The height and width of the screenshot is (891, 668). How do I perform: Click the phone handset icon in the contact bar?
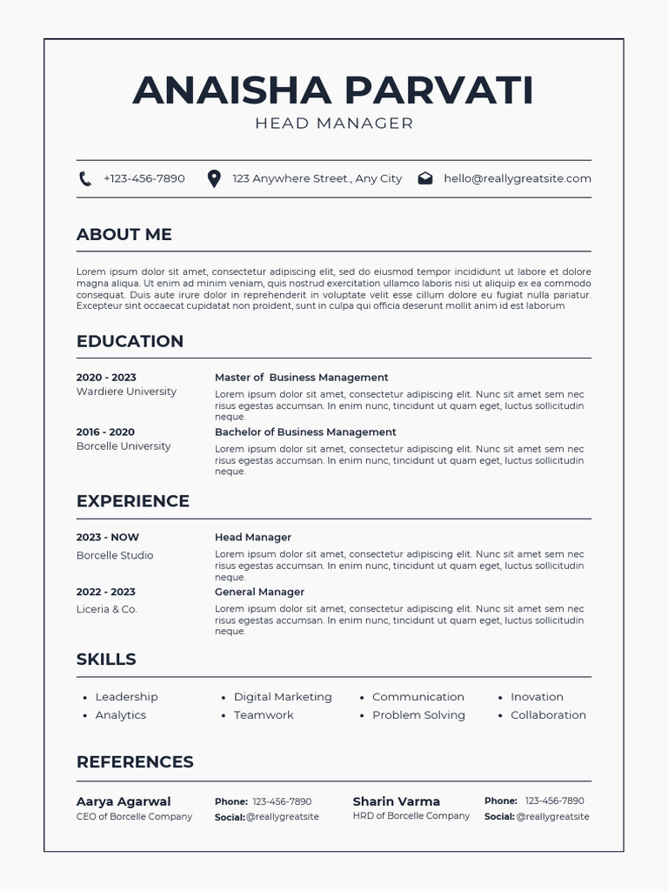(x=85, y=178)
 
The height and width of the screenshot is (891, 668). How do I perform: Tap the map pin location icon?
(x=214, y=178)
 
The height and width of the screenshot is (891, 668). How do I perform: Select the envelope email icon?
(x=425, y=178)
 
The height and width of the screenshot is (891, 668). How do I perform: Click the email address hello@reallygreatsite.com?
(x=517, y=178)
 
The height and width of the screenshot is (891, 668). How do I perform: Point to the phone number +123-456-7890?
(x=144, y=178)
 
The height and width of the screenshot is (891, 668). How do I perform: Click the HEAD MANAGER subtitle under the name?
(x=334, y=124)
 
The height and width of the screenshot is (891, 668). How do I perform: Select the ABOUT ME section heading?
(x=124, y=234)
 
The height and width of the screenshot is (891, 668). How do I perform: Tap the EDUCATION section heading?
(x=130, y=341)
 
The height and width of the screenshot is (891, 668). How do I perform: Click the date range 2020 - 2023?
(x=106, y=378)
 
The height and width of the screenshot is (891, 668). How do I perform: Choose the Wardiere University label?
(x=126, y=392)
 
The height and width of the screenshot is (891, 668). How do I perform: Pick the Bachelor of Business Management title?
(x=305, y=432)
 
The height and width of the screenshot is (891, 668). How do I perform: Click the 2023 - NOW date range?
(x=107, y=538)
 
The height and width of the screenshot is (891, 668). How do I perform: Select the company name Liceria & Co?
(x=107, y=609)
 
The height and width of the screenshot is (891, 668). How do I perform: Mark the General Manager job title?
(x=259, y=592)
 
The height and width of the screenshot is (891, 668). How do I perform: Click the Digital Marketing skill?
(x=283, y=697)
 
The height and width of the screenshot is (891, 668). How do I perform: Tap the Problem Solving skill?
(x=418, y=715)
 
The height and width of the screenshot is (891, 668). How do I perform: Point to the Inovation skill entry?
(x=537, y=697)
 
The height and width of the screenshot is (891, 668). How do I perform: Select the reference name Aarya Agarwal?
(x=124, y=801)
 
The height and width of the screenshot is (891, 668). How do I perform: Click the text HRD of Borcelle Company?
(x=411, y=816)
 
